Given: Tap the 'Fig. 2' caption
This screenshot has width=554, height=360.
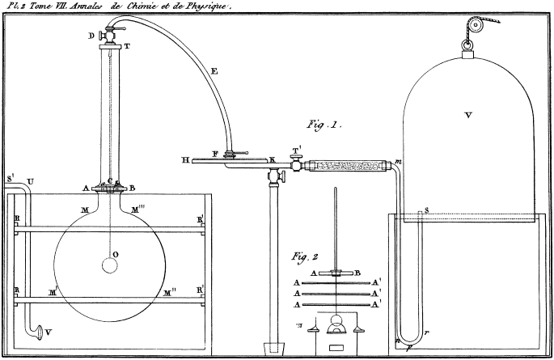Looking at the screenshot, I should click(x=307, y=257).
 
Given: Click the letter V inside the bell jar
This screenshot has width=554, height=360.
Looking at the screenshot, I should click(x=467, y=116).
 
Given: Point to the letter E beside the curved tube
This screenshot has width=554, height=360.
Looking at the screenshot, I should click(x=214, y=72).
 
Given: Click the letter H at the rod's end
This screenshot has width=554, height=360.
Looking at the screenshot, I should click(x=185, y=160).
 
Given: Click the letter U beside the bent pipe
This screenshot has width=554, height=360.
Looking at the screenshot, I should click(x=30, y=180).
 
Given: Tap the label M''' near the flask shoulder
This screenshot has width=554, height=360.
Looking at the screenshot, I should click(x=138, y=209).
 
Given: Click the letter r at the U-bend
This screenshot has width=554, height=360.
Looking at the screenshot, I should click(x=425, y=332).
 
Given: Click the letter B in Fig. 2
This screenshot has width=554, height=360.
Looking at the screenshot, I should click(x=356, y=273).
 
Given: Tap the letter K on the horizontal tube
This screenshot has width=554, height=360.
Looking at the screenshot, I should click(x=272, y=159).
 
